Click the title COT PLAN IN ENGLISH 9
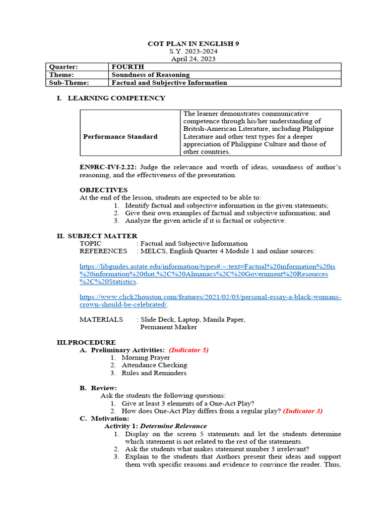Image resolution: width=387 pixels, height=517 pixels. [193, 44]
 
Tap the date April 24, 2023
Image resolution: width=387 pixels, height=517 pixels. [193, 59]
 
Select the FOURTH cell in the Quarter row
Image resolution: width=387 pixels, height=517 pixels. [127, 67]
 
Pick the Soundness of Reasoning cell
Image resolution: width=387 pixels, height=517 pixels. [150, 75]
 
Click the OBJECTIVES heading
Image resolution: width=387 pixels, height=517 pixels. [103, 190]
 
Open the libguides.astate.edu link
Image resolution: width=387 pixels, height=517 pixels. [207, 274]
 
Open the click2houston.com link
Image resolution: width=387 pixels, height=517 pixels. [210, 301]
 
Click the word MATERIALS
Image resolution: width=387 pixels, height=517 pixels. [101, 320]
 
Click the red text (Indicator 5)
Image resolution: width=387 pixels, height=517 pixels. [188, 350]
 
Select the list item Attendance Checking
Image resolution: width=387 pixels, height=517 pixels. [154, 365]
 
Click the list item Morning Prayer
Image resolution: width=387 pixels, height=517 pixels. [146, 357]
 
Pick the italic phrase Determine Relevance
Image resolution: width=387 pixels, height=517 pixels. [173, 426]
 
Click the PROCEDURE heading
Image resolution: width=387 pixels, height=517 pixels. [91, 342]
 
